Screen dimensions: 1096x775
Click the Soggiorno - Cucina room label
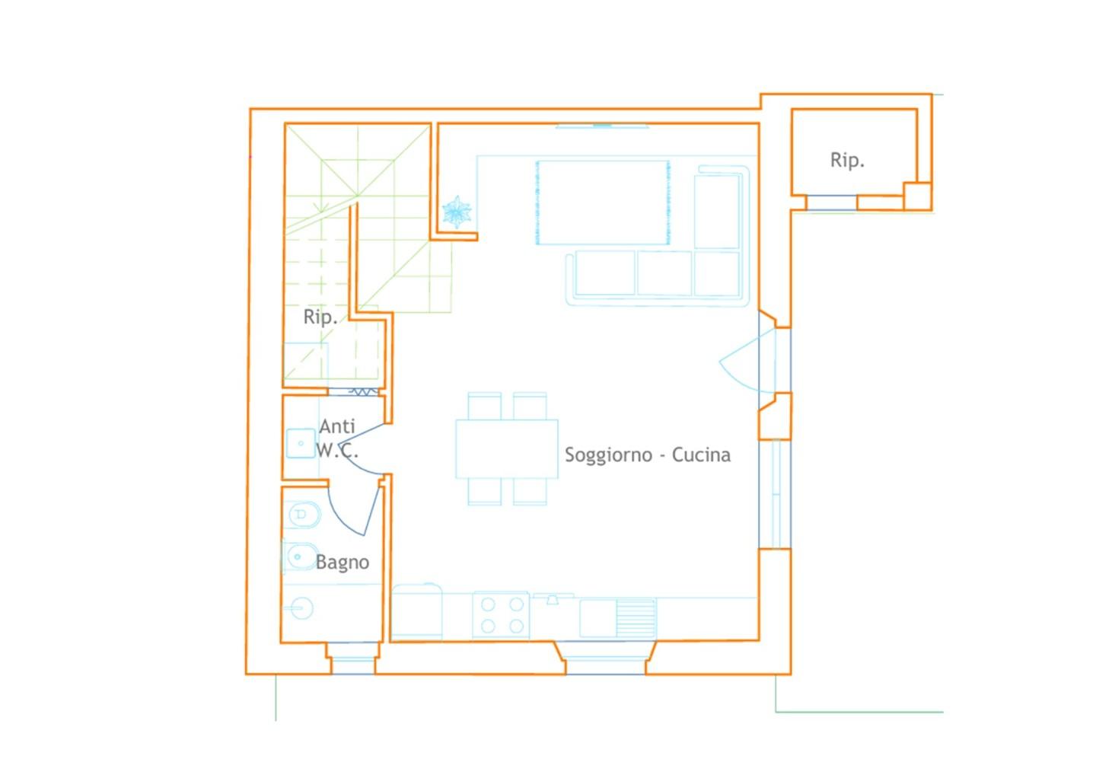[647, 455]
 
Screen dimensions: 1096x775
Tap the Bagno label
[342, 562]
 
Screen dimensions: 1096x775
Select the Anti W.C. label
[337, 438]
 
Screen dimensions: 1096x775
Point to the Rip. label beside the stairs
[320, 317]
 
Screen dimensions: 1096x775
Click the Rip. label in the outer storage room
[847, 160]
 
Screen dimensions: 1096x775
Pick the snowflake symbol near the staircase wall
[457, 212]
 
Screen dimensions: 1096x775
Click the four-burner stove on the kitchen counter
[501, 615]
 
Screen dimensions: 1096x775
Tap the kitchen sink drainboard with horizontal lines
[636, 618]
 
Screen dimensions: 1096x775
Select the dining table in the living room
[507, 448]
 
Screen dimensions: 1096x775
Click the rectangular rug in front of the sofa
[603, 203]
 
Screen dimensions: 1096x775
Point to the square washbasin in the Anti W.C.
[301, 443]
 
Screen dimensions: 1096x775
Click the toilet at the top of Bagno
[302, 515]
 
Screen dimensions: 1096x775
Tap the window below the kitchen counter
[606, 658]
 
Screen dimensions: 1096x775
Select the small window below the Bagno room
[353, 659]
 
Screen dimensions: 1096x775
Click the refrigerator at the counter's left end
[417, 611]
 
